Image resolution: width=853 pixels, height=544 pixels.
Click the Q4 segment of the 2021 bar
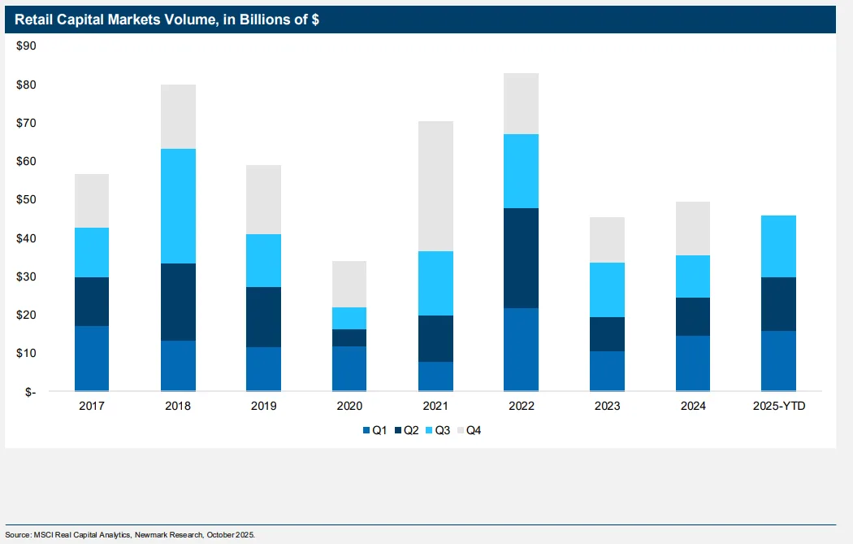435,186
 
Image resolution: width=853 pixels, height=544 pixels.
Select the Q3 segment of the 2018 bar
178,206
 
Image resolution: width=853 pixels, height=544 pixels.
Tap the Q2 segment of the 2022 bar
521,258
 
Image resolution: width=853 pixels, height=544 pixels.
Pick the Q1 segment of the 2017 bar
92,358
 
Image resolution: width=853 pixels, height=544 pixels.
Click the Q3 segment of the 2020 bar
349,318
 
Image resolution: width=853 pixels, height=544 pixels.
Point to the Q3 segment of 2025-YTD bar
778,246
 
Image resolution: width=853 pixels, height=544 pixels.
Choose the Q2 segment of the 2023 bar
607,334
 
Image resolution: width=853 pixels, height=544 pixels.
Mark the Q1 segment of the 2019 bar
263,368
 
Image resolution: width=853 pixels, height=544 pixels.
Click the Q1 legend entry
374,430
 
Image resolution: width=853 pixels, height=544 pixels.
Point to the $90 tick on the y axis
26,46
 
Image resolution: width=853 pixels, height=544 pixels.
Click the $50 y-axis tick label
26,200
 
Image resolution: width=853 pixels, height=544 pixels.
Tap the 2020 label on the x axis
349,406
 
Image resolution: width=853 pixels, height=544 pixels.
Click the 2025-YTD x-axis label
778,406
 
